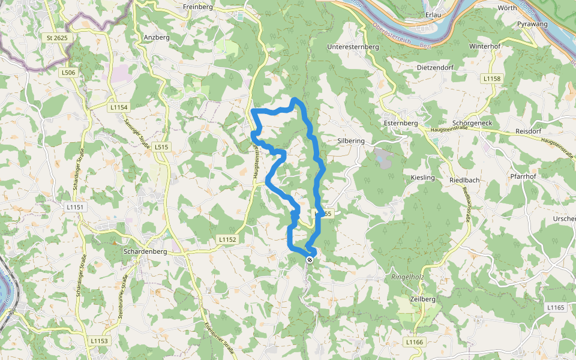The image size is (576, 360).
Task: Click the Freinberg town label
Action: click(x=199, y=7)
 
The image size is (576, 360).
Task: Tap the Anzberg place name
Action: click(x=157, y=37)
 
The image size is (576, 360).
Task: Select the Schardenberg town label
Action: click(x=143, y=251)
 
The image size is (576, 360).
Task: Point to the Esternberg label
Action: click(x=400, y=123)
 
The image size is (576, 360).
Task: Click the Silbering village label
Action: click(x=351, y=140)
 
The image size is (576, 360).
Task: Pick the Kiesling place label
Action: click(x=422, y=178)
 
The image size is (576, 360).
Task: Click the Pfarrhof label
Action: click(x=523, y=177)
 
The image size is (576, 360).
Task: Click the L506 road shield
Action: click(x=69, y=73)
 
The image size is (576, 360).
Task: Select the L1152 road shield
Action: click(x=227, y=239)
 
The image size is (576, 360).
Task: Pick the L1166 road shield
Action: click(x=414, y=342)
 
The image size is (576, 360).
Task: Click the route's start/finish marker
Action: click(x=310, y=260)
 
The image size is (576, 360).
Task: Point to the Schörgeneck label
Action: click(x=473, y=122)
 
